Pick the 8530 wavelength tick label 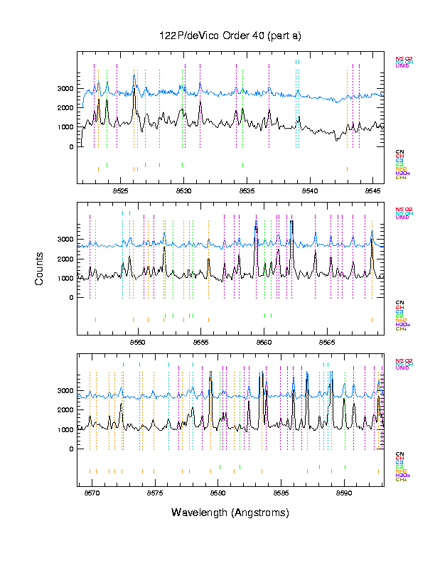click(x=184, y=191)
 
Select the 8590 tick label click(x=343, y=493)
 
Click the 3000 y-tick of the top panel click(x=65, y=88)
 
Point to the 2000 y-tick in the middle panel click(x=65, y=259)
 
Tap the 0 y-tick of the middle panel click(x=71, y=297)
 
